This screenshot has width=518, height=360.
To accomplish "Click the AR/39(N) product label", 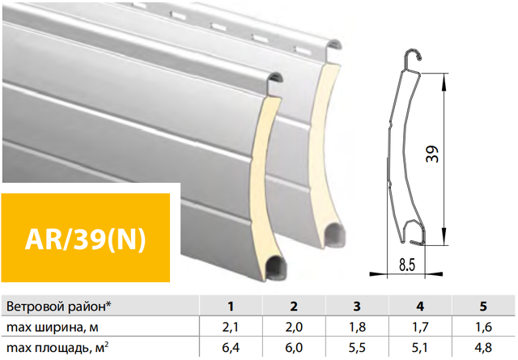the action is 85,239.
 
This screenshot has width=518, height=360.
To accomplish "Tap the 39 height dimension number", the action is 432,154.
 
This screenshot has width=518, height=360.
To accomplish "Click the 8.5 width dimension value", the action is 406,265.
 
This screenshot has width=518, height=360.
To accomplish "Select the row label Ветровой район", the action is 59,307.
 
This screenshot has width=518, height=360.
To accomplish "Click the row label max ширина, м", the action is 53,328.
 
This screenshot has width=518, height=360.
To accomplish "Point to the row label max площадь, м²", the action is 58,348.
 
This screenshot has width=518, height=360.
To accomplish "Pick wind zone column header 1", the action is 231,307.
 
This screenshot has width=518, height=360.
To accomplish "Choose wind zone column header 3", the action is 357,307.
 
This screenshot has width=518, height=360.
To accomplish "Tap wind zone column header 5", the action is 483,307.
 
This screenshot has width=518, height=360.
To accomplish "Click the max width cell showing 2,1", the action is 231,328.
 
